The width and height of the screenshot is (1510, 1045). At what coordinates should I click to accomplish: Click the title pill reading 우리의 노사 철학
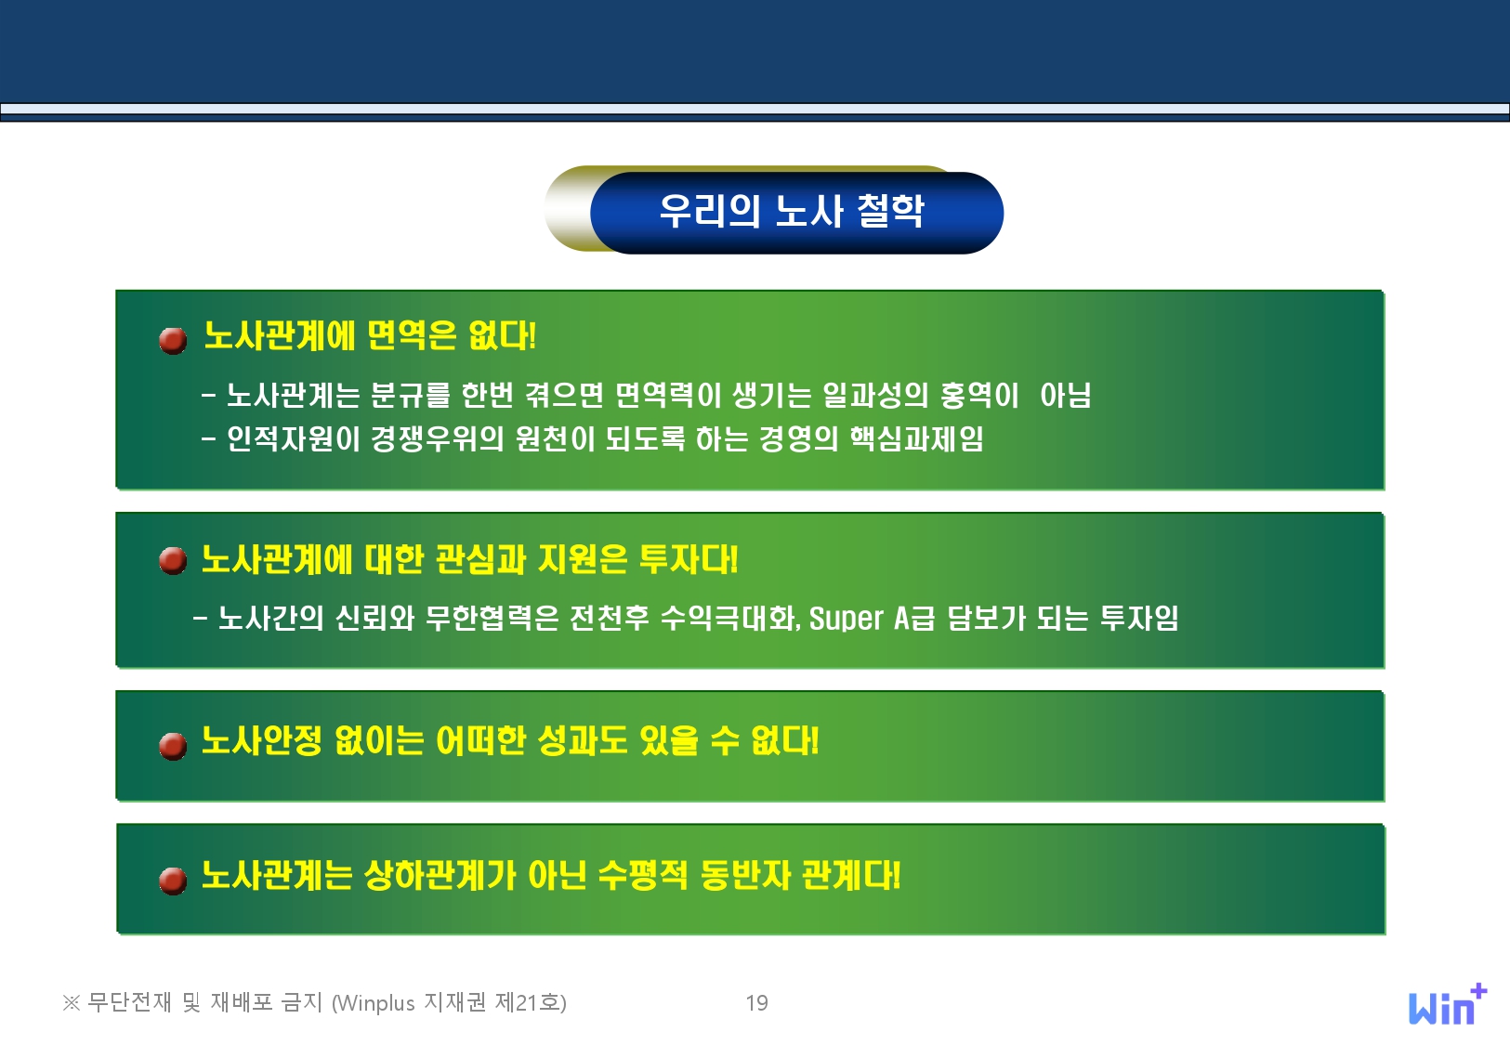coord(796,212)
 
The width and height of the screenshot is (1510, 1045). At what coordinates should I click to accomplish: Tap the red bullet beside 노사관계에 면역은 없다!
coord(173,340)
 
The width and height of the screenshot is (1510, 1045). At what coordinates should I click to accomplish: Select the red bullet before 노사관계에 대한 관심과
coord(173,560)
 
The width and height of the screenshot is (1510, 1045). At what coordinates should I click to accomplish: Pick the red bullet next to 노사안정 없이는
coord(173,746)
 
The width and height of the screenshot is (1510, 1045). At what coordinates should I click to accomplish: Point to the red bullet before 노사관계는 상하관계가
coord(173,881)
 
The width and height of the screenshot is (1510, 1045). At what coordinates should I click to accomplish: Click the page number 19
coord(757,1003)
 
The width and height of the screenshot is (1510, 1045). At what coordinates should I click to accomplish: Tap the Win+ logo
coord(1448,1004)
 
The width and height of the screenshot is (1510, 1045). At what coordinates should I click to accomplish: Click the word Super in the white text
coord(846,618)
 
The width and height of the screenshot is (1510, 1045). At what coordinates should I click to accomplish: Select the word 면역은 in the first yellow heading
coord(413,334)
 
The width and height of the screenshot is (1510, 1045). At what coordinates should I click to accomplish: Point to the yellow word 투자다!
coord(689,558)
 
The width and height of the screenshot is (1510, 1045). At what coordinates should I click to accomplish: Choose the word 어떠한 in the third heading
coord(480,739)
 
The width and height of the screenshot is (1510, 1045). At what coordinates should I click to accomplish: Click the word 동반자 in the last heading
coord(745,874)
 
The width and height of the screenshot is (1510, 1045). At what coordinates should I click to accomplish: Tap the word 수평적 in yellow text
coord(643,874)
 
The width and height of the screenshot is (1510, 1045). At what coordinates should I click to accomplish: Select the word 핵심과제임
coord(917,438)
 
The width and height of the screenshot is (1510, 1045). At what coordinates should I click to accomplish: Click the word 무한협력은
coord(492,617)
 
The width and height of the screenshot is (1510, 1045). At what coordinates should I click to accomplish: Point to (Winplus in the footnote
coord(374,1003)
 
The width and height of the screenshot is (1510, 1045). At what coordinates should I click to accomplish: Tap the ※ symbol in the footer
coord(71,1003)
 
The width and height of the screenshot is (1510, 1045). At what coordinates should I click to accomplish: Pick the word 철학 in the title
coord(890,211)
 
